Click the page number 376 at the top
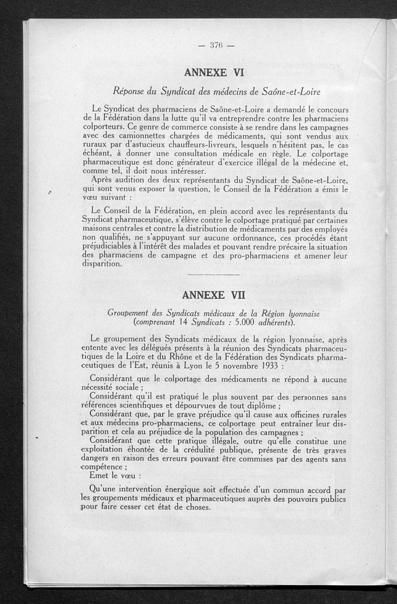coord(215,46)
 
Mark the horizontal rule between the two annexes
coord(214,274)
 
